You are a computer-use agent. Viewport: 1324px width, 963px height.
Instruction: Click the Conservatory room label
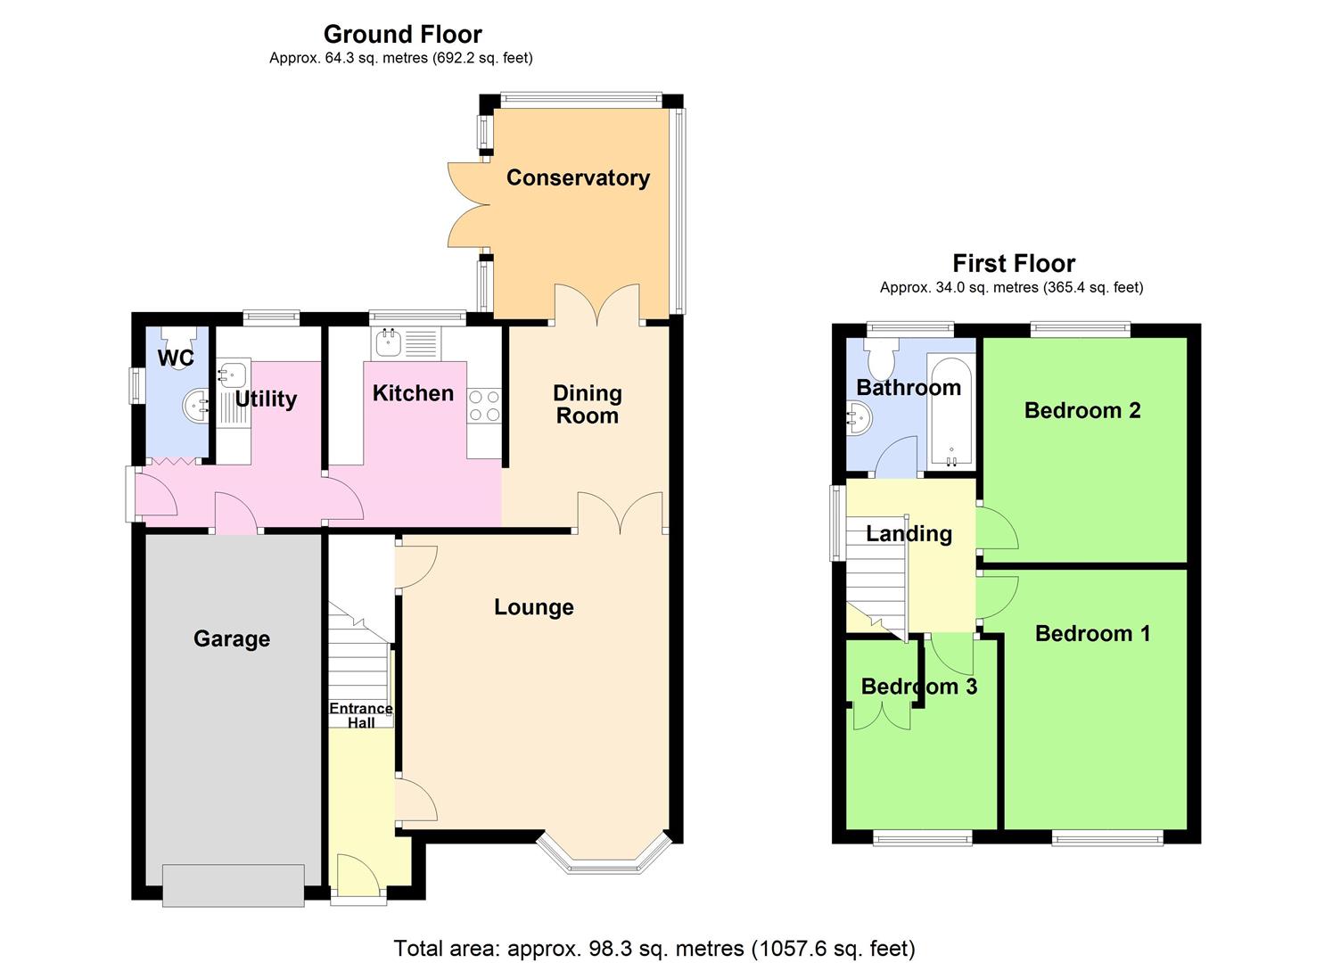tap(578, 177)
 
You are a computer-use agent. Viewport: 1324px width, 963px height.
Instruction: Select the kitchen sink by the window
tap(388, 340)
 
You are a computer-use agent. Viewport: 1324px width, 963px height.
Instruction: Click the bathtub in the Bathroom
tap(950, 411)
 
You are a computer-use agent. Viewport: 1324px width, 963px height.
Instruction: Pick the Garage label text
tap(232, 638)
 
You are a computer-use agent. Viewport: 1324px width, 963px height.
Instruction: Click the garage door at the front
tap(234, 884)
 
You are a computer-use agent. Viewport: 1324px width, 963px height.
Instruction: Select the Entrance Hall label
tap(361, 715)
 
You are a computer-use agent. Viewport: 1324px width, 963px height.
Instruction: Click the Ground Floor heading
tap(402, 34)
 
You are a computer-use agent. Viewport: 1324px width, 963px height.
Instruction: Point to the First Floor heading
tap(1014, 263)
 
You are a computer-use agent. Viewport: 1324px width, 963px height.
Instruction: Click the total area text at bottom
tap(654, 948)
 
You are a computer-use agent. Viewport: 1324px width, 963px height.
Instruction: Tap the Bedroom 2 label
tap(1082, 410)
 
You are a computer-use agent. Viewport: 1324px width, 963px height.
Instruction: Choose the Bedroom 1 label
tap(1092, 633)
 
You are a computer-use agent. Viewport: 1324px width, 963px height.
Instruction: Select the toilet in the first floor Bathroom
tap(883, 358)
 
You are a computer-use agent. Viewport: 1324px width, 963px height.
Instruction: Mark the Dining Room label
tap(587, 404)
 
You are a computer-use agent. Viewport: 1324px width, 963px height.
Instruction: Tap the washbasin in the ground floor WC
tap(196, 407)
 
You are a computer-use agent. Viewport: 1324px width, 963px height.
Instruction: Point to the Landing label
tap(909, 533)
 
